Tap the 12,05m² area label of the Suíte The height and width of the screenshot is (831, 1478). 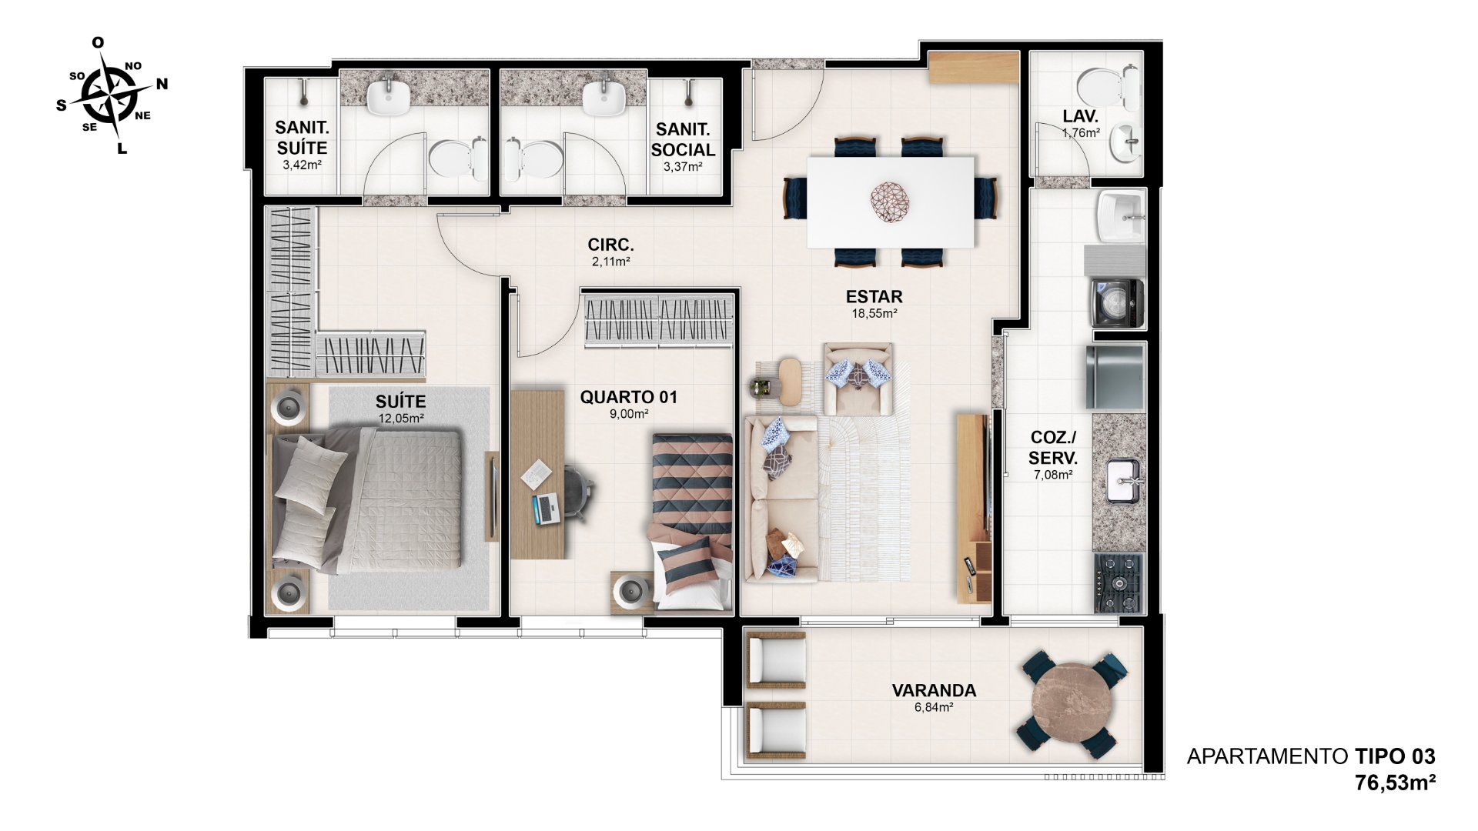click(402, 419)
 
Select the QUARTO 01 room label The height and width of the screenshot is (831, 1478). click(629, 397)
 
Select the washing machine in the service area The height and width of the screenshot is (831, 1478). click(1119, 304)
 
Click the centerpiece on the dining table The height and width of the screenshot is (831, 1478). click(891, 202)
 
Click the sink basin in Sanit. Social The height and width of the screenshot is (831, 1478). click(604, 98)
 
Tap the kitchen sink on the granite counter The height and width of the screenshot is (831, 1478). click(1127, 480)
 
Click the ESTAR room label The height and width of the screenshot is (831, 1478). click(873, 297)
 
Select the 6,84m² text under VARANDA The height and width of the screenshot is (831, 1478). click(933, 706)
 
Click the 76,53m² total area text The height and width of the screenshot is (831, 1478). click(1395, 783)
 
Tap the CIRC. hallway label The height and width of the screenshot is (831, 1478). click(610, 246)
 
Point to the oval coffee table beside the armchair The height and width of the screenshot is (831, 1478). click(791, 380)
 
